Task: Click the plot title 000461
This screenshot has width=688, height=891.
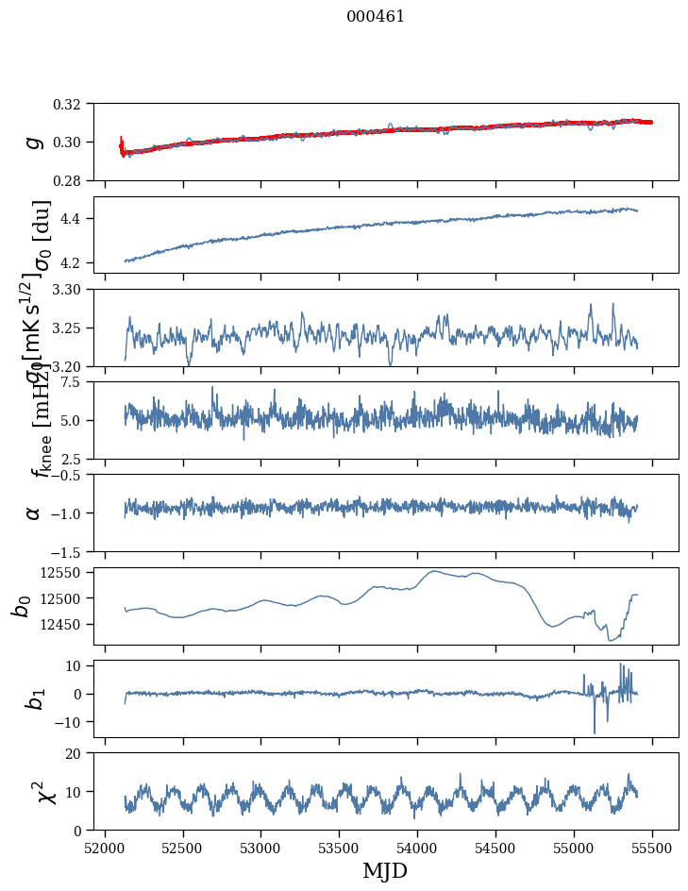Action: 376,16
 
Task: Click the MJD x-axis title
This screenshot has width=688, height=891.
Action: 385,870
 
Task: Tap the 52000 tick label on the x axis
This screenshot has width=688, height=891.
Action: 105,847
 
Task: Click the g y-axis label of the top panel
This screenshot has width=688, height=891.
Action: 34,142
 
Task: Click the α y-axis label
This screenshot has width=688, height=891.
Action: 34,513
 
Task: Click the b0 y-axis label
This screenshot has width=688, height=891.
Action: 21,605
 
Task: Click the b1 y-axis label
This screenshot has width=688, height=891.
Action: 34,698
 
